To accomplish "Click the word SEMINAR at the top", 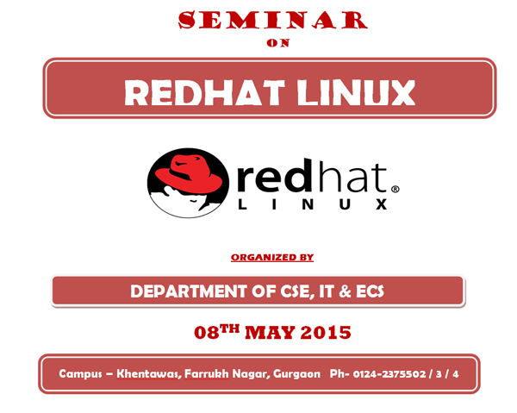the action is pyautogui.click(x=272, y=20).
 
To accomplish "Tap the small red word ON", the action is pyautogui.click(x=278, y=43).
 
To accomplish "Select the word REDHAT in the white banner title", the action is pyautogui.click(x=204, y=93).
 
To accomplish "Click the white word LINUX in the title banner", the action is pyautogui.click(x=356, y=93).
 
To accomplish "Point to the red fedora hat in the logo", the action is pyautogui.click(x=189, y=174).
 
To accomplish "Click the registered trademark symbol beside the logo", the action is pyautogui.click(x=395, y=189).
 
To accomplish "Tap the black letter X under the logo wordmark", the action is pyautogui.click(x=382, y=204).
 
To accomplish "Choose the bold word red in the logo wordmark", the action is pyautogui.click(x=275, y=176).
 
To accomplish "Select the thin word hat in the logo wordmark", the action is pyautogui.click(x=350, y=177).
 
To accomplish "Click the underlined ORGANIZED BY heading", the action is pyautogui.click(x=272, y=257).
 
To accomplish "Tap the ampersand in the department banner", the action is pyautogui.click(x=345, y=291).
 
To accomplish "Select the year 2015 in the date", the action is pyautogui.click(x=326, y=333).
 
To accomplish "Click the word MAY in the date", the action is pyautogui.click(x=270, y=333).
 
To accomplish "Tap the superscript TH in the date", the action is pyautogui.click(x=229, y=329).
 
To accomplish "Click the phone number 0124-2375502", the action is pyautogui.click(x=389, y=374).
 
